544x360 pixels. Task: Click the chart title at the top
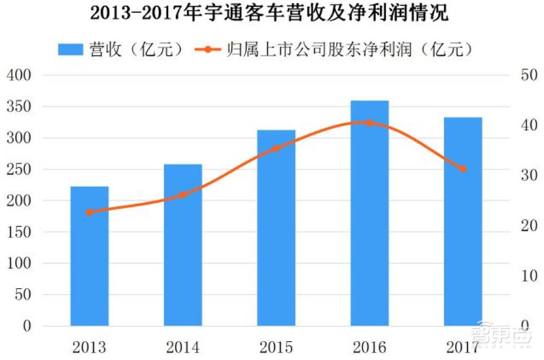coord(271,14)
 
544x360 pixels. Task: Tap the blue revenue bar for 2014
coord(183,245)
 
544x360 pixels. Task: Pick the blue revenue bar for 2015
coord(276,228)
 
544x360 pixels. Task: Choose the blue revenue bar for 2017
coord(463,221)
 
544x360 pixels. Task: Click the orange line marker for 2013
coord(90,212)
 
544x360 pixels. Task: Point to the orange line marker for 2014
coord(183,195)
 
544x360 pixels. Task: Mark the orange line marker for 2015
coord(276,148)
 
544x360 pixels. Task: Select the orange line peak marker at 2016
coord(370,122)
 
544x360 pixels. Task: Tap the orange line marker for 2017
coord(463,169)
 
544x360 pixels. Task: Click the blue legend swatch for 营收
coord(70,50)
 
